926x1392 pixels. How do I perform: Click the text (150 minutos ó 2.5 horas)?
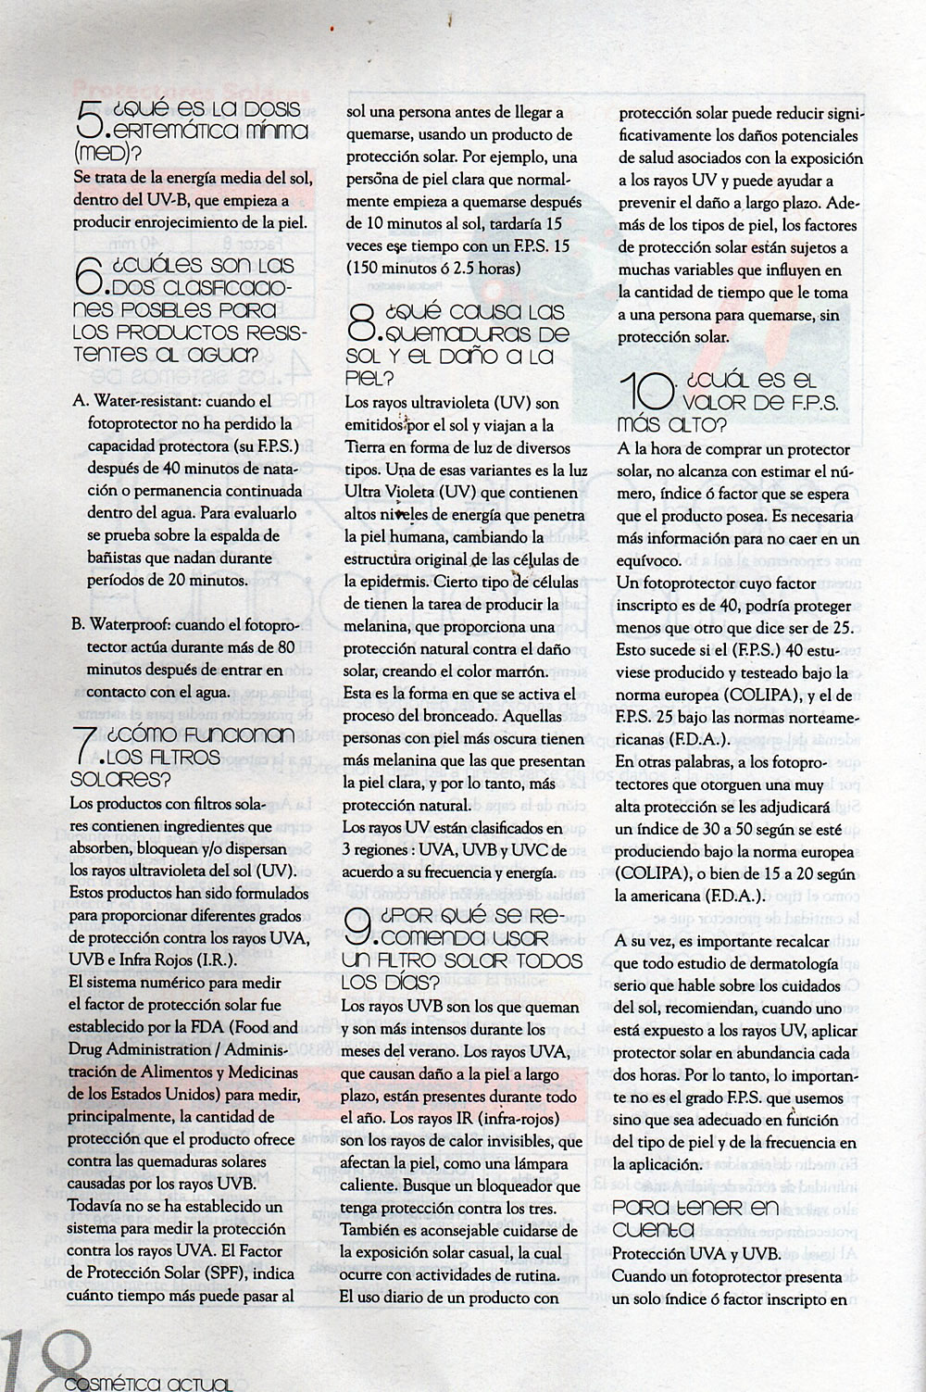pyautogui.click(x=432, y=268)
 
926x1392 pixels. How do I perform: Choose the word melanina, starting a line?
pyautogui.click(x=377, y=626)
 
